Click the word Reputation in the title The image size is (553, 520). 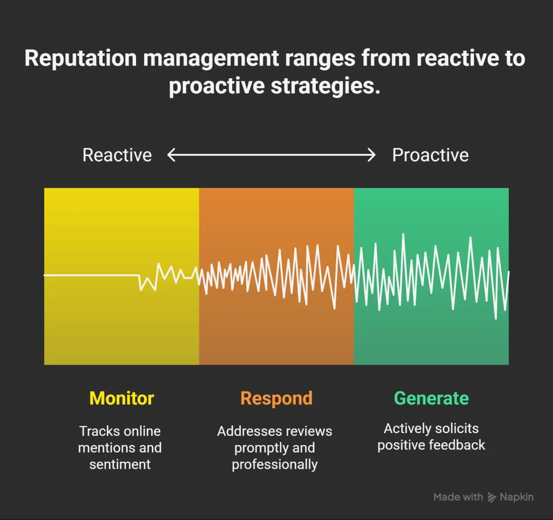[81, 58]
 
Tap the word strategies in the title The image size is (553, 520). [326, 86]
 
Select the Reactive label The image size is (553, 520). [117, 155]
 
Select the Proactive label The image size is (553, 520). [430, 155]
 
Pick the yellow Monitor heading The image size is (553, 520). [122, 399]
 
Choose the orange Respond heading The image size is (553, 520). [276, 399]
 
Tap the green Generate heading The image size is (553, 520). [431, 399]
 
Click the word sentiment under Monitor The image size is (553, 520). [120, 464]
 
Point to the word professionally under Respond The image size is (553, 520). [275, 464]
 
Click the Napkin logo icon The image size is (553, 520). [491, 497]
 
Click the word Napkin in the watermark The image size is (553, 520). [517, 497]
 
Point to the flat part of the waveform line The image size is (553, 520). [92, 275]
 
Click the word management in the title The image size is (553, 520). [211, 58]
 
